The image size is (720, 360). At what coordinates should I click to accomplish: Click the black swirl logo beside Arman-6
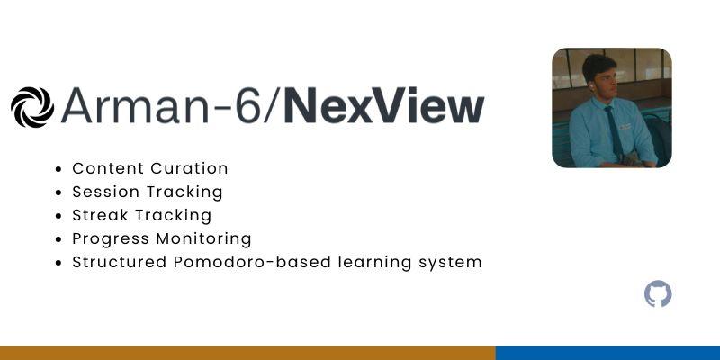coord(32,107)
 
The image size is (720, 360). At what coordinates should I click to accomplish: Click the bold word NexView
coord(384,105)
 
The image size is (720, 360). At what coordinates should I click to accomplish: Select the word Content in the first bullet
coord(108,168)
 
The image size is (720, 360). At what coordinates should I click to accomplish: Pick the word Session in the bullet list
coord(106,192)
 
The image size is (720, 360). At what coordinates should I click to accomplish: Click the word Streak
coord(100,215)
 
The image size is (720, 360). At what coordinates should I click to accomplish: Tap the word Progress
coord(111,239)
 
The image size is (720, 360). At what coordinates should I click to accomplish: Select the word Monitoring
coord(204,239)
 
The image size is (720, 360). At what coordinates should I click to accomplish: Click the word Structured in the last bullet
coord(120,262)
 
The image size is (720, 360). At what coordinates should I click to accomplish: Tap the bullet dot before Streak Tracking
coord(58,216)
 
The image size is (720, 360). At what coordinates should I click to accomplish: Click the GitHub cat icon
coord(658,293)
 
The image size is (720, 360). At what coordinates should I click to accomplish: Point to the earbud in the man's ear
coord(591,85)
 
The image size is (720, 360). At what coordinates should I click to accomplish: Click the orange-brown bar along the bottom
coord(247,353)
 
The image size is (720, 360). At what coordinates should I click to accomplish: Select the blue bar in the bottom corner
coord(607,353)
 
